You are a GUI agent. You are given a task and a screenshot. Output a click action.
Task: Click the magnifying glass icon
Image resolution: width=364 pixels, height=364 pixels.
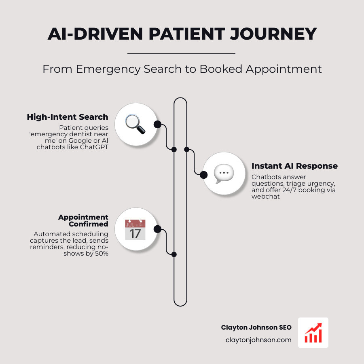tap(135, 124)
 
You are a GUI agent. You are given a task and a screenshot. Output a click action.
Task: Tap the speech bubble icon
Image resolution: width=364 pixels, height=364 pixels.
tap(223, 174)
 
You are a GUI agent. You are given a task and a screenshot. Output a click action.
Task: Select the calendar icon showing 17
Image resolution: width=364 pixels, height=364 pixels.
tap(135, 230)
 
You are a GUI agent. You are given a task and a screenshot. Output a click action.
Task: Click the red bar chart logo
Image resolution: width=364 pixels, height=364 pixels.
tap(313, 332)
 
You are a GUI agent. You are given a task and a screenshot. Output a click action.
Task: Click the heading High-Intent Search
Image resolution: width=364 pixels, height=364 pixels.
tap(68, 117)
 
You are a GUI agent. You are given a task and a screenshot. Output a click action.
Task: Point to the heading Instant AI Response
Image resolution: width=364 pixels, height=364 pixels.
tap(294, 166)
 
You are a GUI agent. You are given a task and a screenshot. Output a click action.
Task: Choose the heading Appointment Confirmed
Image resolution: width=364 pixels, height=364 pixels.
tap(83, 220)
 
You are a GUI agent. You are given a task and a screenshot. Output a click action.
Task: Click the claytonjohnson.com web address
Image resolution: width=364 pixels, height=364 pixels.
tap(258, 340)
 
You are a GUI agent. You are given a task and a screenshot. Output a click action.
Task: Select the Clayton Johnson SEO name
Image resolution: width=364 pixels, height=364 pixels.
tap(256, 327)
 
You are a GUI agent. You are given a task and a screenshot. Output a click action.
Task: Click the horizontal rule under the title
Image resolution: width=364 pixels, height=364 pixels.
tap(181, 53)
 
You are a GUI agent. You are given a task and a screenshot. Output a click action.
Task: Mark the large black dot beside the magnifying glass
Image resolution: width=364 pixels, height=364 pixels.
tap(157, 124)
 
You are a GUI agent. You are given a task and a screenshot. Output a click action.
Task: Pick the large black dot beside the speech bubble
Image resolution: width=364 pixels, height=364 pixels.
tap(204, 174)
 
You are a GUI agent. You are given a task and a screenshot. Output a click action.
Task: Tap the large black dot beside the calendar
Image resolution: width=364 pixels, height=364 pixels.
tap(157, 230)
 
